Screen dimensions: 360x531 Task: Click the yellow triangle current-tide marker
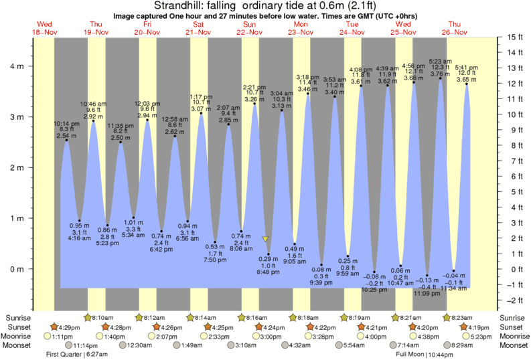pyautogui.click(x=266, y=238)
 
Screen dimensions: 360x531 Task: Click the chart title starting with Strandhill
pyautogui.click(x=265, y=6)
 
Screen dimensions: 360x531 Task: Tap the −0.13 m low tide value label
pyautogui.click(x=427, y=280)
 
